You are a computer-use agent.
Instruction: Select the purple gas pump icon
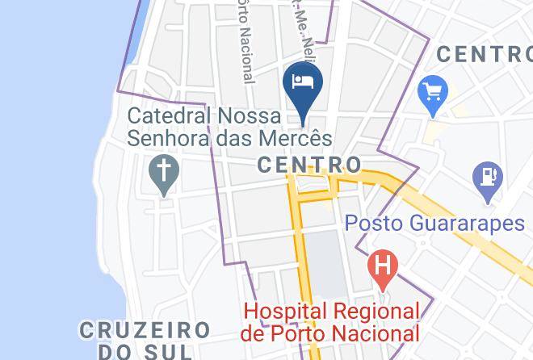tap(489, 176)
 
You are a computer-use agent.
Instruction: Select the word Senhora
tap(169, 138)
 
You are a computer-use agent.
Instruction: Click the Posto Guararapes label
tap(435, 223)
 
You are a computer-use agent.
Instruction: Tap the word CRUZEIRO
tap(145, 330)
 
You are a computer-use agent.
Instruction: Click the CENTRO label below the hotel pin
tap(308, 165)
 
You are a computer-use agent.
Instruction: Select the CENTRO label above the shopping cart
tap(483, 55)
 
